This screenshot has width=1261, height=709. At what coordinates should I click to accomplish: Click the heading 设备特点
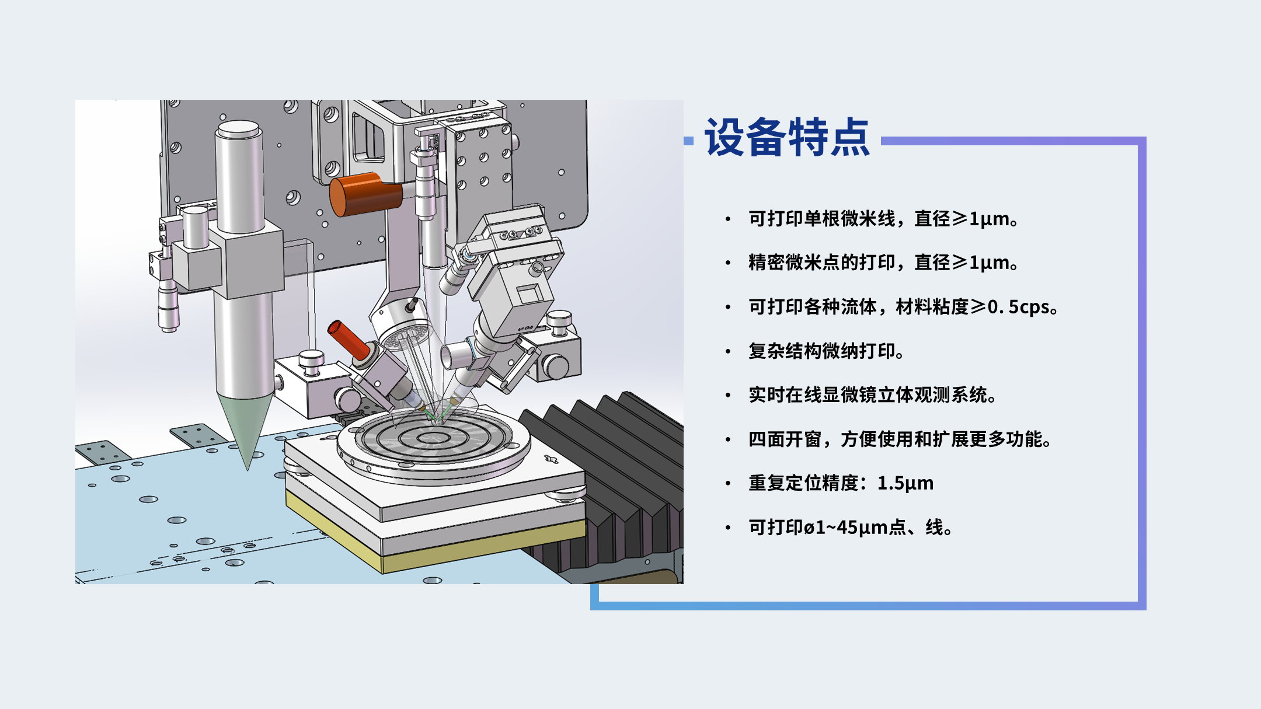click(x=788, y=138)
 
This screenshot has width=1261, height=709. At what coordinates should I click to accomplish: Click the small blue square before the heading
click(x=689, y=141)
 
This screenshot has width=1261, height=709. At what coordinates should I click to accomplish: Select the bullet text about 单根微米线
click(x=884, y=219)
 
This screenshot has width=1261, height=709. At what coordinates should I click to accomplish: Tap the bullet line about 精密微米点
click(x=884, y=263)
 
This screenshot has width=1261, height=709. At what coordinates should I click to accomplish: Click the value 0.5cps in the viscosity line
click(x=1018, y=307)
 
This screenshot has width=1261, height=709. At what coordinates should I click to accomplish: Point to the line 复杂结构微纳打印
click(x=827, y=351)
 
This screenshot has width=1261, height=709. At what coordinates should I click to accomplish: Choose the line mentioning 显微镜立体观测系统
click(x=873, y=395)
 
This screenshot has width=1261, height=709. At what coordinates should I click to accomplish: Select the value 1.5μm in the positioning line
click(x=905, y=483)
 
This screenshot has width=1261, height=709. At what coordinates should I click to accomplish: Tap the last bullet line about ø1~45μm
click(x=851, y=528)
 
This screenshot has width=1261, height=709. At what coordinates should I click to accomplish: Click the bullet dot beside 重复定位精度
click(x=728, y=483)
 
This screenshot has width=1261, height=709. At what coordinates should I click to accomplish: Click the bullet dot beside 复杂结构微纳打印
click(x=728, y=351)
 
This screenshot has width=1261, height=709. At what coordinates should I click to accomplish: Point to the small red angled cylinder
click(x=349, y=340)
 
